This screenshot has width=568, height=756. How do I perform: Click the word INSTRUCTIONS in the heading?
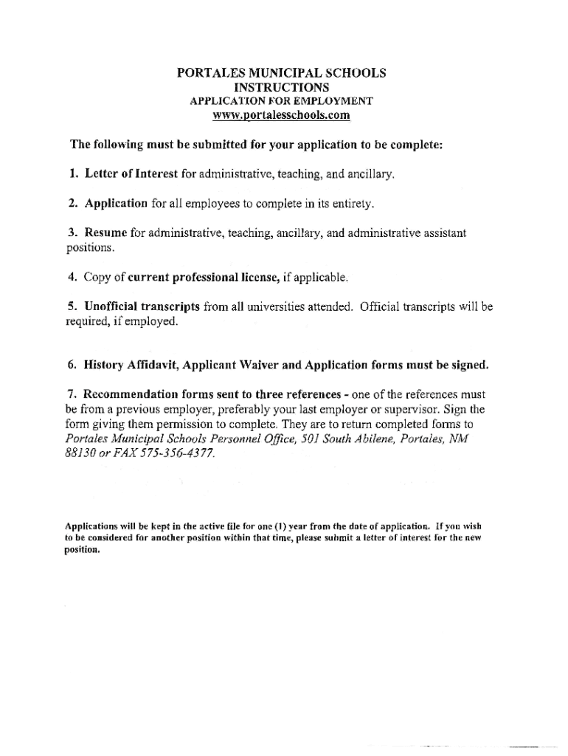[281, 87]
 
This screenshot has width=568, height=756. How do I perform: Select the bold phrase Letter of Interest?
[131, 174]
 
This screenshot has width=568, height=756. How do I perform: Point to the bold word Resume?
[106, 233]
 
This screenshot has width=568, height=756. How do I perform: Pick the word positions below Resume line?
[90, 248]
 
